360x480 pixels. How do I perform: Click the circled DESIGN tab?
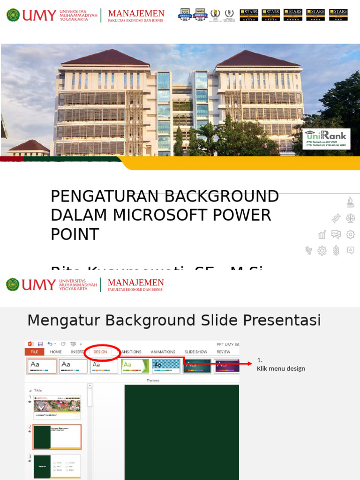pyautogui.click(x=100, y=352)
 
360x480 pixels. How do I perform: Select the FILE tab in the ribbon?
pyautogui.click(x=34, y=352)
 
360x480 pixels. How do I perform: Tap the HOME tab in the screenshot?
pyautogui.click(x=56, y=352)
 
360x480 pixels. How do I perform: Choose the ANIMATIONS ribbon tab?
pyautogui.click(x=163, y=352)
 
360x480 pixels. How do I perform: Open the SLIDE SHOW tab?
pyautogui.click(x=195, y=352)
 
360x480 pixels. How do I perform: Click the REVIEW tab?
pyautogui.click(x=223, y=352)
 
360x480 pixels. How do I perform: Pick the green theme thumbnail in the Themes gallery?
pyautogui.click(x=135, y=366)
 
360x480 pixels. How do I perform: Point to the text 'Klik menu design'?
pyautogui.click(x=281, y=368)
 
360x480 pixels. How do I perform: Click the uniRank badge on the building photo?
pyautogui.click(x=326, y=138)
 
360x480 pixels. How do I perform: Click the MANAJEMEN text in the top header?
pyautogui.click(x=136, y=14)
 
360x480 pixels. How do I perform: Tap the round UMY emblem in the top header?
pyautogui.click(x=13, y=15)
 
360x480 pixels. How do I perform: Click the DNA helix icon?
pyautogui.click(x=336, y=218)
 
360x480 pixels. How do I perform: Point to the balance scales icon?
pyautogui.click(x=350, y=218)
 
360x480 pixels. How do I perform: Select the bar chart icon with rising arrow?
pyautogui.click(x=322, y=234)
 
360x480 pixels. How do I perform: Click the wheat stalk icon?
pyautogui.click(x=336, y=251)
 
